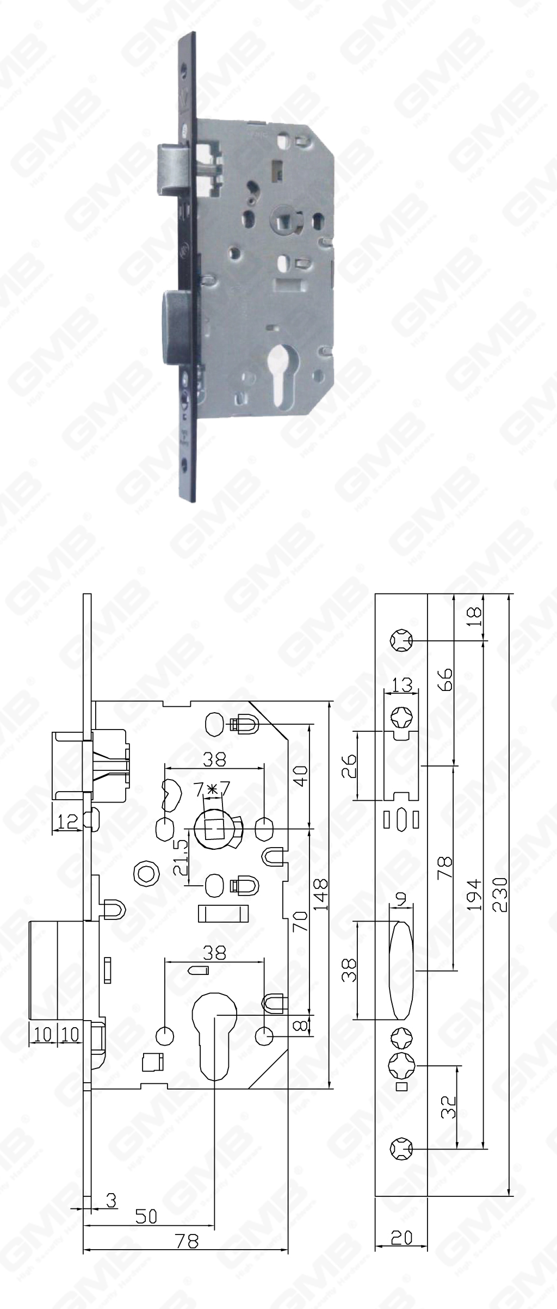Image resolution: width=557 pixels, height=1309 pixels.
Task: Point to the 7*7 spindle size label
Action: (212, 787)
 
